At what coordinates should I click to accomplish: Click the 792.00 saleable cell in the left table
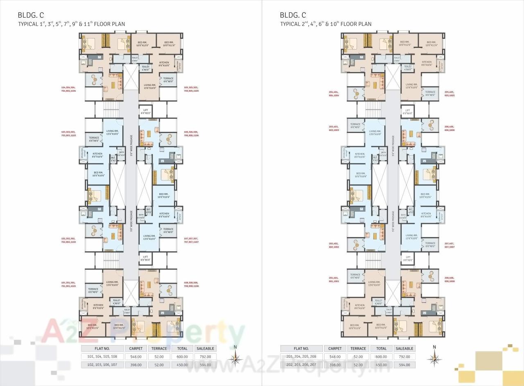pos(205,357)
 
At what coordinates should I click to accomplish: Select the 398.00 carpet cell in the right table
pos(335,364)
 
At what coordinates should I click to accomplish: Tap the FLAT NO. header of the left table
pos(102,348)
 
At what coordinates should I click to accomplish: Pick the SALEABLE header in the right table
pos(404,348)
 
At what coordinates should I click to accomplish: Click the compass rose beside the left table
pos(235,359)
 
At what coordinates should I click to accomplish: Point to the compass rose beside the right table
pos(435,359)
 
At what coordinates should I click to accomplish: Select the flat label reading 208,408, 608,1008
pos(449,280)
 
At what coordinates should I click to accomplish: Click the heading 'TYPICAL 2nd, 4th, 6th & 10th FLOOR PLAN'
pos(326,24)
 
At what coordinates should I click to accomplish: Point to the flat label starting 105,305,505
pos(191,89)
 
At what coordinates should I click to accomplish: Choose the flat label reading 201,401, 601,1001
pos(334,280)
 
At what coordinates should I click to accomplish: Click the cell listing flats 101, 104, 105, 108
pos(102,357)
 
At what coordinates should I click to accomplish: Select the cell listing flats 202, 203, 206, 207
pos(301,364)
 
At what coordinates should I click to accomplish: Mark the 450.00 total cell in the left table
pos(182,364)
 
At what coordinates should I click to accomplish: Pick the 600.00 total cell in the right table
pos(381,357)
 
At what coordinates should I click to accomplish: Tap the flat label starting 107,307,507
pos(191,240)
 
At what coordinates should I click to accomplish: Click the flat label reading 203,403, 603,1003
pos(334,128)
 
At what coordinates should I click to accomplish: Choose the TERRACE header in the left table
pos(159,348)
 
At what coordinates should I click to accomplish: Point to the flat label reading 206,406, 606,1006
pos(449,128)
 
